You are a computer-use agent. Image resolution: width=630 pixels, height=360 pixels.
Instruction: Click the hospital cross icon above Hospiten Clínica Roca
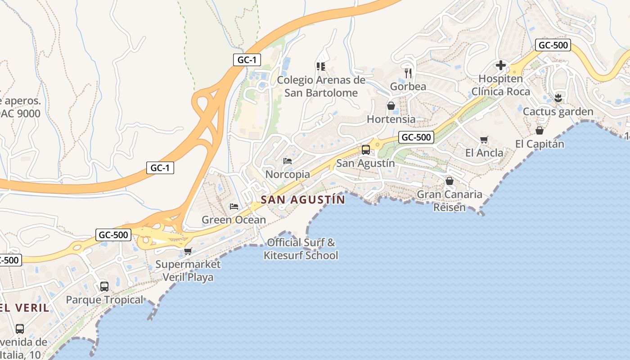click(x=500, y=66)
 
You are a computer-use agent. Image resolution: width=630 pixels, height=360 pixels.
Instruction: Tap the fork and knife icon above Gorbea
click(x=408, y=72)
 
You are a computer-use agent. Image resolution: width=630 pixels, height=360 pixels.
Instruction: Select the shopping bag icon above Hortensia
click(x=391, y=106)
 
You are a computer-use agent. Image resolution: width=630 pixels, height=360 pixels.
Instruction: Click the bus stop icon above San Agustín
click(x=366, y=150)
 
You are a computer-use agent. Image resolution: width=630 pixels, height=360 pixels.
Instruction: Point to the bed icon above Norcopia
click(x=288, y=161)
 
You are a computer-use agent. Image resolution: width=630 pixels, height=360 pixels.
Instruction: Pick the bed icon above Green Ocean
click(x=234, y=207)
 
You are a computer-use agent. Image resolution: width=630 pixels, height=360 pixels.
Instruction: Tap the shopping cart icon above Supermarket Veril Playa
click(x=188, y=251)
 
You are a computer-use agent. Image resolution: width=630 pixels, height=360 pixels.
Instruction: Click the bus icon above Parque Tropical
click(x=104, y=286)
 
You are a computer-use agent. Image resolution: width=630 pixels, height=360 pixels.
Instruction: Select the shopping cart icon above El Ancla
click(x=484, y=139)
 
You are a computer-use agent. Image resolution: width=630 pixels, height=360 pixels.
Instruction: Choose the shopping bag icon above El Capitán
click(x=539, y=130)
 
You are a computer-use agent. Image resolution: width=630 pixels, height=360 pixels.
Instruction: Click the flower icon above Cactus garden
click(x=558, y=98)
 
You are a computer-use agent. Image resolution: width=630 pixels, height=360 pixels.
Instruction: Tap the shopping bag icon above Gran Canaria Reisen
click(x=449, y=181)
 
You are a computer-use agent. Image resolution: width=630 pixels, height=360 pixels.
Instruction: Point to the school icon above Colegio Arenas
click(x=321, y=67)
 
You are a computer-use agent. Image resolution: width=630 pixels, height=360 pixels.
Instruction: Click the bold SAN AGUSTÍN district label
click(x=303, y=199)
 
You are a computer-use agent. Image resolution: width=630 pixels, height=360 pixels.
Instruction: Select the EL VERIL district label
click(x=25, y=308)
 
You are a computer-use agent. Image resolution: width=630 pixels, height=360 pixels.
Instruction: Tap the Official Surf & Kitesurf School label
click(x=301, y=249)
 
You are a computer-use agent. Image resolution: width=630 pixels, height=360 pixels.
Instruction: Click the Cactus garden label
click(x=558, y=111)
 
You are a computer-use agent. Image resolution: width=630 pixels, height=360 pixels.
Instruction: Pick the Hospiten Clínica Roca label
click(x=500, y=85)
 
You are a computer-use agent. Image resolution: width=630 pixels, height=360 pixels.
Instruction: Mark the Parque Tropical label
click(x=104, y=300)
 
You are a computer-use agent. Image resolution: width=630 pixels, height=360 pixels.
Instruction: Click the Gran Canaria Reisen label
click(x=449, y=201)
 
